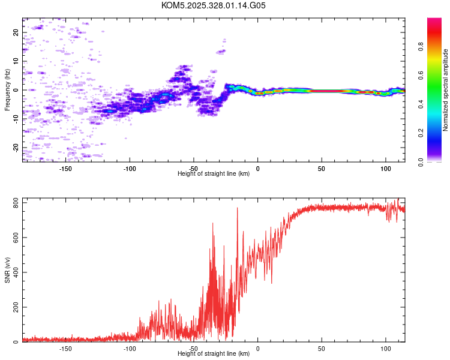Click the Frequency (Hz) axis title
pyautogui.click(x=8, y=90)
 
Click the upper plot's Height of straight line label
pyautogui.click(x=214, y=173)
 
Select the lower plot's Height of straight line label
pyautogui.click(x=214, y=353)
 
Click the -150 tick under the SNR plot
pyautogui.click(x=66, y=348)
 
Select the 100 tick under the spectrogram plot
pyautogui.click(x=385, y=169)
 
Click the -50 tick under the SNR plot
pyautogui.click(x=194, y=348)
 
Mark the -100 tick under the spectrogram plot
pyautogui.click(x=130, y=169)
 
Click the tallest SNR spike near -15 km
pyautogui.click(x=238, y=208)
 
